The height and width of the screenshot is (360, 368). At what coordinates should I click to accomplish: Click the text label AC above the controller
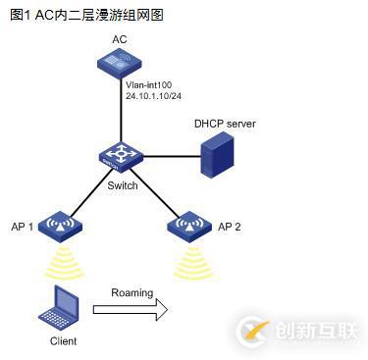click(x=120, y=39)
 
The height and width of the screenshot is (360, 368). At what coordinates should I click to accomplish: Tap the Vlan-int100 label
click(x=148, y=86)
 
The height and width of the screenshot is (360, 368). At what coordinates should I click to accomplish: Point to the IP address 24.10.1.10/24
click(x=153, y=98)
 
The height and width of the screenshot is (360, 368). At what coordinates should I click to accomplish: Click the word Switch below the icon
click(x=123, y=185)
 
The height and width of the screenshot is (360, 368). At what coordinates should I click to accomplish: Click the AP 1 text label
click(x=24, y=226)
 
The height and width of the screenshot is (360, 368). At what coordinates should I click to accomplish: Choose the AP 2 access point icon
click(x=185, y=228)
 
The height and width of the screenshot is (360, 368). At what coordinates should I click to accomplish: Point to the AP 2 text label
click(x=230, y=226)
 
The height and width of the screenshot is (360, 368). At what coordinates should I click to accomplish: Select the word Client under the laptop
click(x=63, y=341)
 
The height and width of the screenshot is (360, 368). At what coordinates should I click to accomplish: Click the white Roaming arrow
click(x=131, y=309)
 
